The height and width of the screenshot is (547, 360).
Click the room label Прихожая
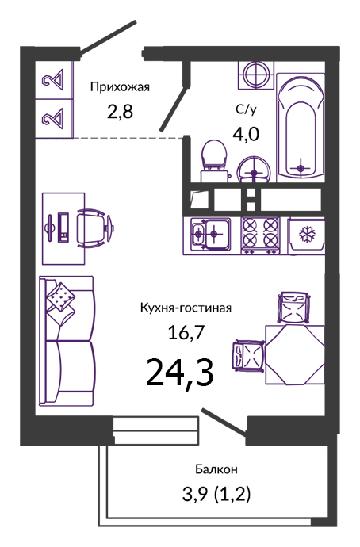pyautogui.click(x=120, y=87)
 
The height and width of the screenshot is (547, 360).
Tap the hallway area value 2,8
pyautogui.click(x=120, y=112)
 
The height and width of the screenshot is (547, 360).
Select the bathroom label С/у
pyautogui.click(x=246, y=109)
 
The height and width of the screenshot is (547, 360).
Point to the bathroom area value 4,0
pyautogui.click(x=246, y=134)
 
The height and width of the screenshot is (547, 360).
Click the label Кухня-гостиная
pyautogui.click(x=186, y=308)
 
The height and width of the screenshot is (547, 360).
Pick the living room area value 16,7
pyautogui.click(x=186, y=332)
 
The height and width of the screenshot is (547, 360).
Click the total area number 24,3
pyautogui.click(x=180, y=373)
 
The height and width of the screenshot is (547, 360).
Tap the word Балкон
pyautogui.click(x=216, y=469)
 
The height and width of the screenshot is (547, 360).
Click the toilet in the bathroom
pyautogui.click(x=214, y=160)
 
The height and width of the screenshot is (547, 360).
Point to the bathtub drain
pyautogui.click(x=301, y=169)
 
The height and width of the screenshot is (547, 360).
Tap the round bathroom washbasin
pyautogui.click(x=254, y=170)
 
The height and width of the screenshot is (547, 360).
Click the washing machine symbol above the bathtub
pyautogui.click(x=256, y=75)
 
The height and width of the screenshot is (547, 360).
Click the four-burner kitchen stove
pyautogui.click(x=261, y=235)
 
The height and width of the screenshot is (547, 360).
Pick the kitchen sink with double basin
pyautogui.click(x=210, y=234)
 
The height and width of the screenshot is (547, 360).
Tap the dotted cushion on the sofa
pyautogui.click(x=60, y=296)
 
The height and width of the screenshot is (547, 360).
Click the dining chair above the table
pyautogui.click(x=293, y=308)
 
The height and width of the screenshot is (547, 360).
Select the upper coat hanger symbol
pyautogui.click(x=52, y=79)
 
